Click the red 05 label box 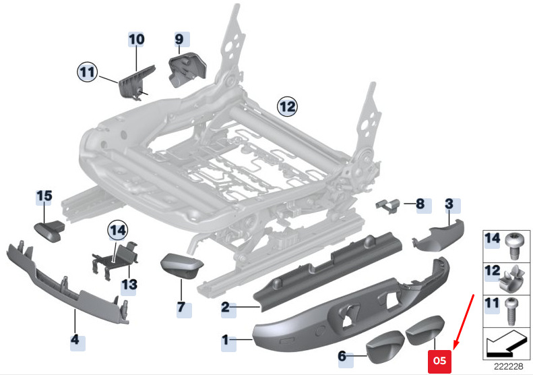click(x=439, y=362)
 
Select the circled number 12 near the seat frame click(x=287, y=107)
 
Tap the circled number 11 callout click(x=88, y=72)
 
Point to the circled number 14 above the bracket click(x=118, y=231)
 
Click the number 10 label click(x=136, y=40)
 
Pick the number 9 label click(x=179, y=40)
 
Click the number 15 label click(x=44, y=196)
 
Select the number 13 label click(x=129, y=285)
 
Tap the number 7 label click(x=181, y=307)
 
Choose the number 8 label click(x=420, y=204)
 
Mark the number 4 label click(x=75, y=339)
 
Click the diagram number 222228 click(x=508, y=366)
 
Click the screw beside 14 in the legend click(x=513, y=246)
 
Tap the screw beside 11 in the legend click(x=511, y=312)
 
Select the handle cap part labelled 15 click(x=50, y=231)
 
